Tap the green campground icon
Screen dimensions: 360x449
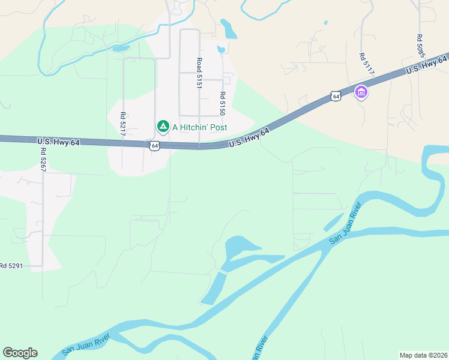pyautogui.click(x=162, y=126)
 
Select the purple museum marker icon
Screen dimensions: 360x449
pyautogui.click(x=361, y=92)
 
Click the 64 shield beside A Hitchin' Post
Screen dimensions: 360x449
pyautogui.click(x=155, y=146)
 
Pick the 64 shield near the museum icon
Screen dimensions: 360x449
pyautogui.click(x=336, y=96)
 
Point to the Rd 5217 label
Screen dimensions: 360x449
pyautogui.click(x=122, y=124)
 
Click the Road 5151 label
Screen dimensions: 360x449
pyautogui.click(x=199, y=73)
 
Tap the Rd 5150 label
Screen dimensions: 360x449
pyautogui.click(x=222, y=103)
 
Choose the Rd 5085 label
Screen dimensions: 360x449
pyautogui.click(x=420, y=46)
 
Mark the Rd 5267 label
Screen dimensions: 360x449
pyautogui.click(x=43, y=160)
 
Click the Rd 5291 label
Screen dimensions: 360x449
pyautogui.click(x=11, y=265)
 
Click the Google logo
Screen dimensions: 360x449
pyautogui.click(x=20, y=352)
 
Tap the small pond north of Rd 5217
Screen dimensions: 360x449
pyautogui.click(x=121, y=48)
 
